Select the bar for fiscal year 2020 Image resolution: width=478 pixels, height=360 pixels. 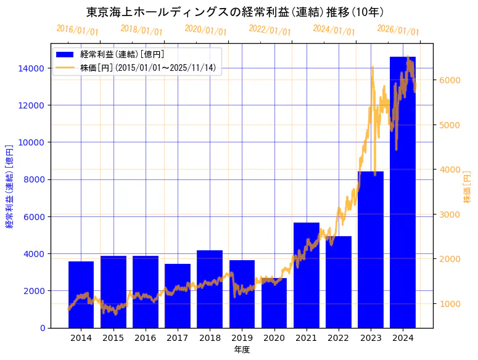(x=274, y=303)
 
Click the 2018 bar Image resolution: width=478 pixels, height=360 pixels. (x=210, y=289)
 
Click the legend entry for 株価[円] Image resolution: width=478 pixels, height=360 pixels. (x=148, y=67)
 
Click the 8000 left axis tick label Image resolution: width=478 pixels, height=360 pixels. (x=33, y=179)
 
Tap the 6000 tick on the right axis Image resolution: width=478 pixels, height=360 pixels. (x=448, y=80)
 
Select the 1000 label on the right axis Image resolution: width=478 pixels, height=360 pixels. (x=448, y=303)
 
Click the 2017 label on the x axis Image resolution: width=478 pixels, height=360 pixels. (x=178, y=338)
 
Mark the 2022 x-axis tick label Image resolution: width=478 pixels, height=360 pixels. (x=339, y=338)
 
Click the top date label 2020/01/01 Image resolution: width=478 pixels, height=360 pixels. (x=206, y=30)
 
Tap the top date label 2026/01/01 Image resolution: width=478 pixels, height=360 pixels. (x=398, y=30)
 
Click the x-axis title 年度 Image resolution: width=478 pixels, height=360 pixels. (x=242, y=350)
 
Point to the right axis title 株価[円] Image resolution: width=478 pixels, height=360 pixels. (x=468, y=187)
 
